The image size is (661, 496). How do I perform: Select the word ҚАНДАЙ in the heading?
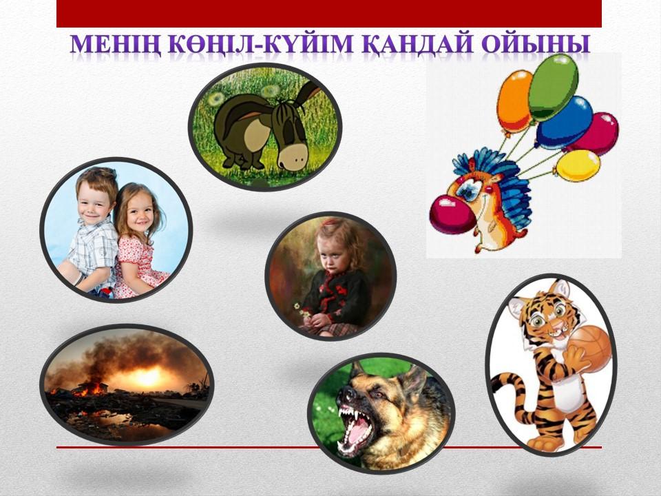tap(418, 44)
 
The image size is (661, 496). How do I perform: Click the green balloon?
tap(553, 87)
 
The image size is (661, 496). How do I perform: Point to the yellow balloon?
tap(578, 166)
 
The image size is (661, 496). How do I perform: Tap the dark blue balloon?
tap(564, 123)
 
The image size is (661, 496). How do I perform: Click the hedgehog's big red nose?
tap(452, 214)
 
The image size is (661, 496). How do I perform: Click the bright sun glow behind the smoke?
tap(147, 377)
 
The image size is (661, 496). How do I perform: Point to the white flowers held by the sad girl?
tap(302, 311)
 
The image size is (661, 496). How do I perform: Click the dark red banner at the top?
tap(329, 14)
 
